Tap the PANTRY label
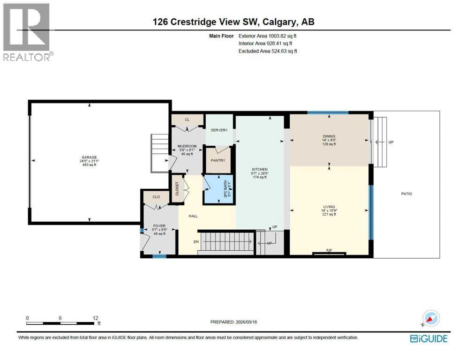click(218, 160)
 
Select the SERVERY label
click(219, 130)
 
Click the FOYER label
click(160, 225)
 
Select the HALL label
click(193, 216)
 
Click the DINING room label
click(329, 136)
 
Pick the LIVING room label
click(329, 206)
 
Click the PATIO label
click(406, 193)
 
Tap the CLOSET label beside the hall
click(177, 188)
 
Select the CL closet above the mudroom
click(187, 120)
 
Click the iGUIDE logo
click(428, 338)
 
